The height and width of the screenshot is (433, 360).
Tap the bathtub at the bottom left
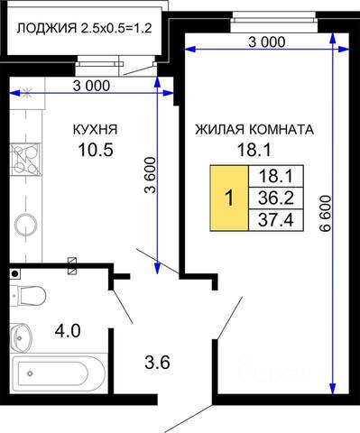[59, 373]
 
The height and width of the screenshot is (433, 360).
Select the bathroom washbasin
[21, 337]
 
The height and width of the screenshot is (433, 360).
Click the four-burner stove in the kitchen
[25, 160]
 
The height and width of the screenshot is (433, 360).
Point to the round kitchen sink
[26, 225]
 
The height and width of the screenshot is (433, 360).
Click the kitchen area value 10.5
[96, 150]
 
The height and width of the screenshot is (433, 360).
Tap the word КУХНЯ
[96, 130]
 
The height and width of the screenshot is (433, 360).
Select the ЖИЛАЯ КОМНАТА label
[254, 130]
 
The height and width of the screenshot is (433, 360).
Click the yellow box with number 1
[229, 198]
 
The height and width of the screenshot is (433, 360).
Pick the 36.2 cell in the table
[276, 198]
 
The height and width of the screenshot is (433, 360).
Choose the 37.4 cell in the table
[276, 220]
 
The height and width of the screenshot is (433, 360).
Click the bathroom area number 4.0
[68, 331]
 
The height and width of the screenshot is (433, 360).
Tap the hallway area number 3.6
[157, 362]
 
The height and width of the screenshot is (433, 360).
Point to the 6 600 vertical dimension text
[325, 214]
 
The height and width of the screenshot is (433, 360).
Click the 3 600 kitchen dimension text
[151, 175]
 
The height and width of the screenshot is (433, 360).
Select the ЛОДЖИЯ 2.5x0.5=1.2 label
[84, 29]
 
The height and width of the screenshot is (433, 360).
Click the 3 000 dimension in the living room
[266, 42]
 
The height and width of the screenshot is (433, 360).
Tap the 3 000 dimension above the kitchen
[91, 86]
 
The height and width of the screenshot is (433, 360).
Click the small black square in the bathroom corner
[15, 274]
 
